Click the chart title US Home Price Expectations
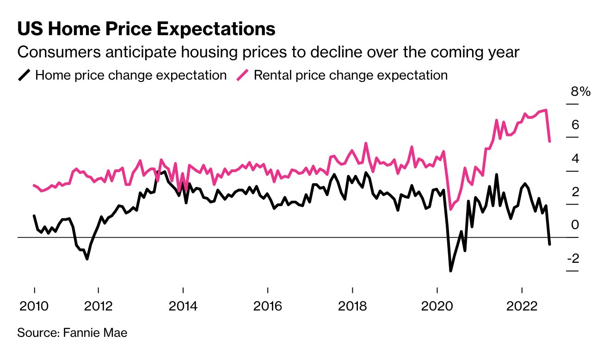pos(146,29)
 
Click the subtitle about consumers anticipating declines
pos(268,52)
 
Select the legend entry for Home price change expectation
pos(130,75)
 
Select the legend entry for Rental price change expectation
pos(351,75)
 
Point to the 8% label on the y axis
pos(581,92)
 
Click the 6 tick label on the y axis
pos(575,125)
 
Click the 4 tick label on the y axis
pos(575,159)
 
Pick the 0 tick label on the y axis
pos(575,225)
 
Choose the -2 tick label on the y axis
pos(573,258)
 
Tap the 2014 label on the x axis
pos(183,306)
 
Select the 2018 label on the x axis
pos(352,306)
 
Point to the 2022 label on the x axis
pos(522,306)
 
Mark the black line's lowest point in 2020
pos(450,271)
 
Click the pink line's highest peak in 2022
pos(546,110)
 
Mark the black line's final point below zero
pos(549,244)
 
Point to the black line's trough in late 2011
pos(87,259)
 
